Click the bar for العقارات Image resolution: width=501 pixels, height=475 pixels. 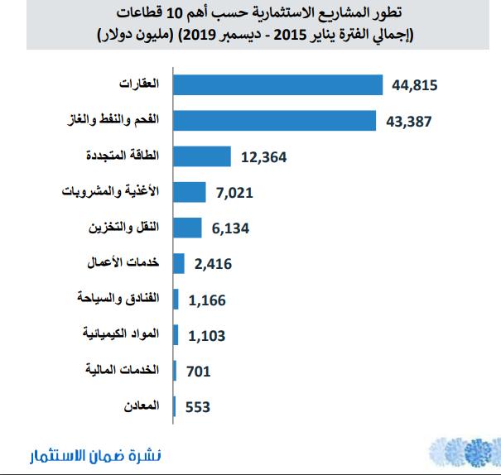[277, 85]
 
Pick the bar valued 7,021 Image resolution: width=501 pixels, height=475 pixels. [188, 192]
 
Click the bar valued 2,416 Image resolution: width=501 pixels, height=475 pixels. [177, 263]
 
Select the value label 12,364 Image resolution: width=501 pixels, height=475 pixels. [260, 157]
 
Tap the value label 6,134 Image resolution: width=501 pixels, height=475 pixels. [229, 228]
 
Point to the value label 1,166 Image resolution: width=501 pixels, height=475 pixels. [207, 300]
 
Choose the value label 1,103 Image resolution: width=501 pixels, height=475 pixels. [207, 335]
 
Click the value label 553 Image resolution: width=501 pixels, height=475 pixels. [197, 406]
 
